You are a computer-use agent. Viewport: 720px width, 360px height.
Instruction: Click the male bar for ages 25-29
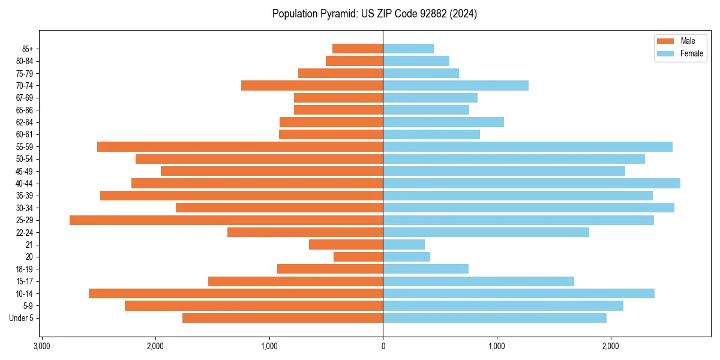(x=226, y=220)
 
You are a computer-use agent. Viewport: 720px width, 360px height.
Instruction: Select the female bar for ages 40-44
(x=532, y=183)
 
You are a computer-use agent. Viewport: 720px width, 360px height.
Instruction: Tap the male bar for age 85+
(x=358, y=49)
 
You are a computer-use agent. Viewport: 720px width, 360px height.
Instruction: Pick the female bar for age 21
(x=404, y=245)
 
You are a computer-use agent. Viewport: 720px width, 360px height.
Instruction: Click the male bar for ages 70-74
(x=312, y=86)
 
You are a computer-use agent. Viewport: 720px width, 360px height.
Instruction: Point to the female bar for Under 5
(x=494, y=318)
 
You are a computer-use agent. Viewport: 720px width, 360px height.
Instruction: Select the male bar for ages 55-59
(x=240, y=147)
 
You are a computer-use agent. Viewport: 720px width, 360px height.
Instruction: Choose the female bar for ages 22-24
(x=486, y=232)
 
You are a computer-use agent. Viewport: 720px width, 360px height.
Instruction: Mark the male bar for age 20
(x=358, y=257)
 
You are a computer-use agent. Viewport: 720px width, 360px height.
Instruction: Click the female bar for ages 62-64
(x=443, y=122)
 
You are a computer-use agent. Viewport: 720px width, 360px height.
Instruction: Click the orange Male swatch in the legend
(x=666, y=41)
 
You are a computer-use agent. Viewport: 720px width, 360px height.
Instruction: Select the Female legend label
(x=692, y=53)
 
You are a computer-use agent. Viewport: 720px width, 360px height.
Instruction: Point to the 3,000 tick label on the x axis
(x=41, y=346)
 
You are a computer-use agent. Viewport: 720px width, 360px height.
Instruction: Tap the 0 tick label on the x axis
(x=383, y=346)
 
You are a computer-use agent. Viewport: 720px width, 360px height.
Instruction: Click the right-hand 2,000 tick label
(x=610, y=346)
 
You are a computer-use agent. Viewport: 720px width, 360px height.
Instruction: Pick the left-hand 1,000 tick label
(x=269, y=346)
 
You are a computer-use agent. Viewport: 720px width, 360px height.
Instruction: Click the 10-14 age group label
(x=25, y=294)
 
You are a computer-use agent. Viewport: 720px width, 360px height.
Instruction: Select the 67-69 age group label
(x=25, y=98)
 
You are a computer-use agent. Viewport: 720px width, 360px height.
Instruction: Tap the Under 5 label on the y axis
(x=22, y=318)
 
